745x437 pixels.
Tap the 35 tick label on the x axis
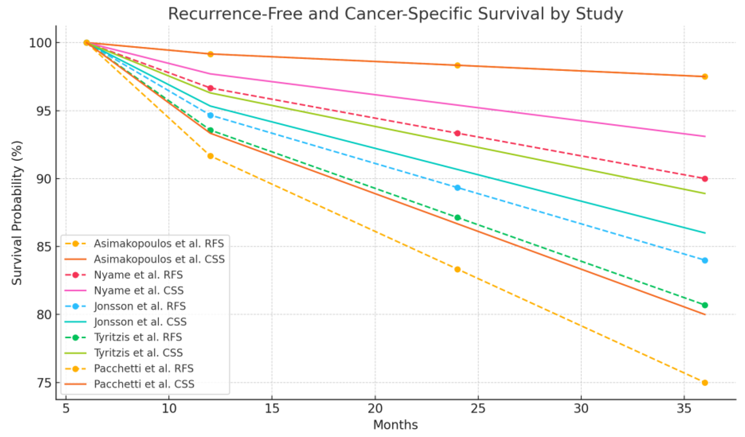684,409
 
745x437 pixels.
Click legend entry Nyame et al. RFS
138,275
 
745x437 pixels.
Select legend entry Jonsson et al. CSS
140,322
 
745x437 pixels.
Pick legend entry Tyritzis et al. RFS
138,337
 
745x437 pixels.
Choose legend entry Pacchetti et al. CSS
144,384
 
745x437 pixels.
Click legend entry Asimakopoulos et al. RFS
159,243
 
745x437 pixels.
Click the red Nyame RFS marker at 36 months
704,179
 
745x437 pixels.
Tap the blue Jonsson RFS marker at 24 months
457,188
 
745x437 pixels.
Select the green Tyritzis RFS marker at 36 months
704,305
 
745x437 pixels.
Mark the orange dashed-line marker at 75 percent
704,383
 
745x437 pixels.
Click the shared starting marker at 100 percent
87,43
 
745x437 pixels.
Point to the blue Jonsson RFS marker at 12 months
210,115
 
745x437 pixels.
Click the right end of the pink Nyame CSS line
705,136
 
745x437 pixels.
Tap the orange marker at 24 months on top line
457,65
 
